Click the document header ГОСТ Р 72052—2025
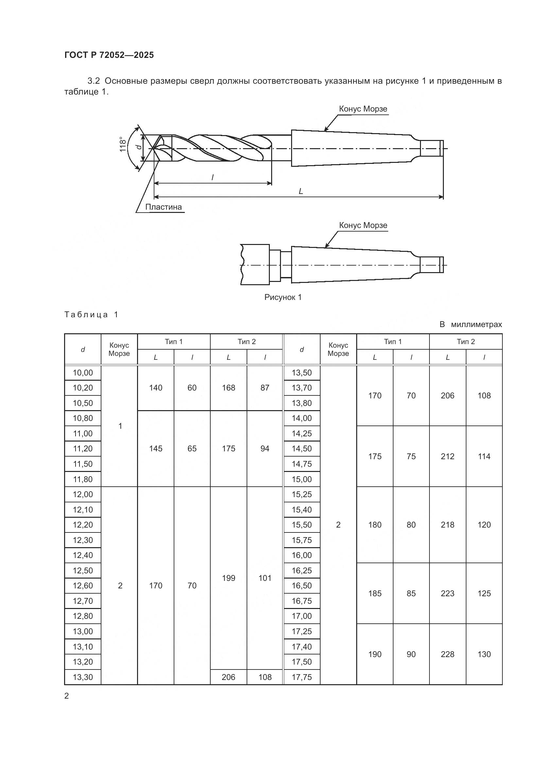click(109, 55)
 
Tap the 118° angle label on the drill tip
click(123, 144)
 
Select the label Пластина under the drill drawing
click(164, 207)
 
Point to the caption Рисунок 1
click(283, 297)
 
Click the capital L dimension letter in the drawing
click(301, 191)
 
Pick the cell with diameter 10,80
click(83, 418)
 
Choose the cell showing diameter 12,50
click(83, 570)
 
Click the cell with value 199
click(229, 578)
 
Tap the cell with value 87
click(265, 388)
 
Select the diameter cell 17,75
click(302, 677)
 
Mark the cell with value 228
click(447, 654)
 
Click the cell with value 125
click(484, 593)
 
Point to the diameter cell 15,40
click(302, 510)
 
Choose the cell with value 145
click(156, 448)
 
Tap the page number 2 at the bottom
click(67, 696)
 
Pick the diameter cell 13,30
click(83, 677)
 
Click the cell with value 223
click(447, 593)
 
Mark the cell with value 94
click(265, 448)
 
